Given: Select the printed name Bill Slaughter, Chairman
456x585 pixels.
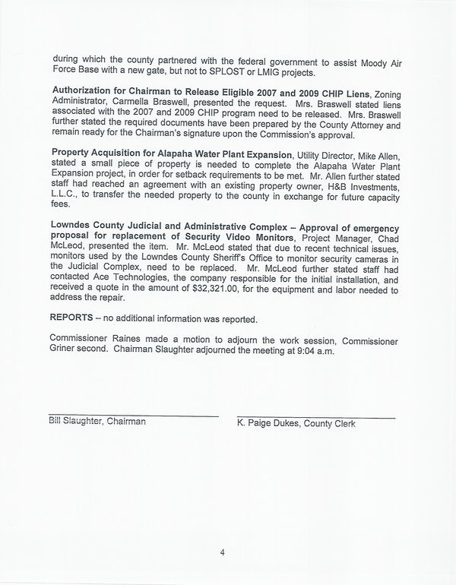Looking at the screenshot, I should [x=97, y=421].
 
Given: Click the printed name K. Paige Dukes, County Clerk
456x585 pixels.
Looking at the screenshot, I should [x=296, y=422].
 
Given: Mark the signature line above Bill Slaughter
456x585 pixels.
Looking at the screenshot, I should [x=134, y=415].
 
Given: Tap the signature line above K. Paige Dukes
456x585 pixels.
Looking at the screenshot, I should [x=316, y=416].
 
